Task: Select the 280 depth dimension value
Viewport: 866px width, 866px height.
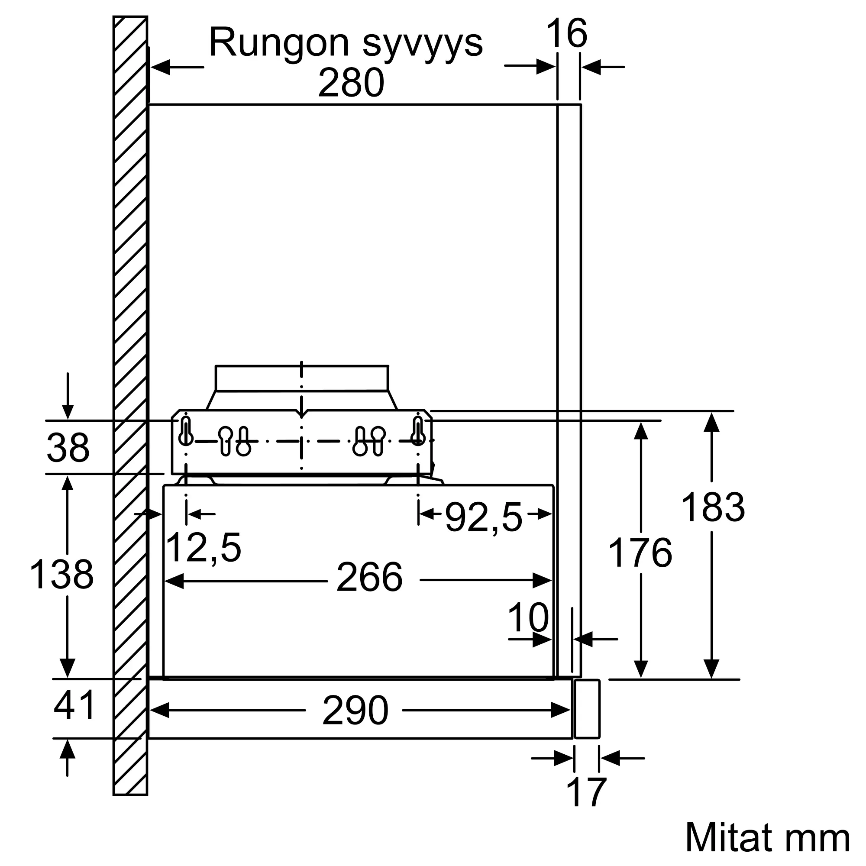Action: pos(352,83)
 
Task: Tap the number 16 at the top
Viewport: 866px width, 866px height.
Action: pos(566,33)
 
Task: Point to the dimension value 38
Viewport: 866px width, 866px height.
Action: pos(68,448)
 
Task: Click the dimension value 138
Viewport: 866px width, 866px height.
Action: pos(61,574)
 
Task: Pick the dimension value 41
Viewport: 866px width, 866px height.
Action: pos(74,704)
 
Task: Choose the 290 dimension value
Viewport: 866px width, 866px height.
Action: pos(355,711)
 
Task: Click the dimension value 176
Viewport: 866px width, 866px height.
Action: pos(640,553)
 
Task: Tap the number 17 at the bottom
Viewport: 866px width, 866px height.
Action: pos(586,793)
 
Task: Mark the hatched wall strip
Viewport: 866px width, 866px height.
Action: pos(130,406)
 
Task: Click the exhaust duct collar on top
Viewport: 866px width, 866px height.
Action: pos(302,379)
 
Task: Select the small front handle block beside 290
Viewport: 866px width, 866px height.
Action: pos(587,709)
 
